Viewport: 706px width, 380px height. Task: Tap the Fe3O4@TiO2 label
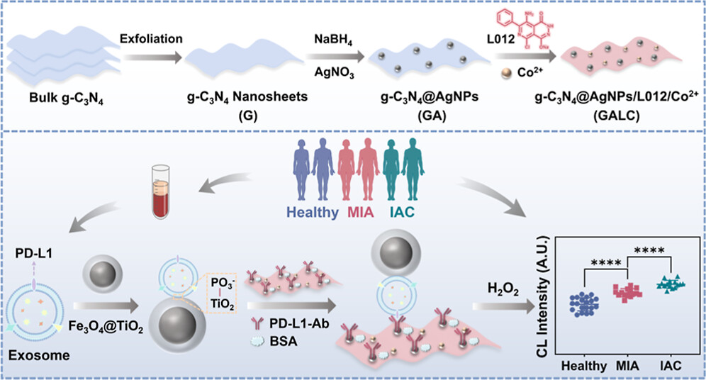pos(118,329)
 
